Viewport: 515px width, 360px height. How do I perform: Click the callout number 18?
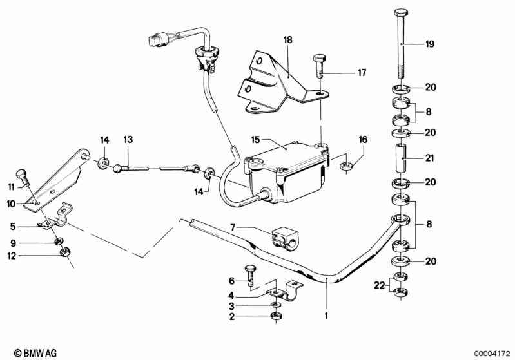287,39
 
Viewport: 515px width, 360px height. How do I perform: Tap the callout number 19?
429,44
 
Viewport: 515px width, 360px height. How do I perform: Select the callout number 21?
429,157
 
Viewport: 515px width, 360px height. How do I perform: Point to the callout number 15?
255,138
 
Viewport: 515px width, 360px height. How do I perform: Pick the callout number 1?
326,316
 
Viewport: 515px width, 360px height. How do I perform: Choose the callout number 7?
234,227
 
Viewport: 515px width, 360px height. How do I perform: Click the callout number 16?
363,138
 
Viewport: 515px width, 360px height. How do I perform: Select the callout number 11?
10,187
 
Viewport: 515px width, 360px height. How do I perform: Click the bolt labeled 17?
319,64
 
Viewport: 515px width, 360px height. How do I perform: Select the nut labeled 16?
345,167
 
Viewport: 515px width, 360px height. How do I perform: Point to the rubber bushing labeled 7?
282,236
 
